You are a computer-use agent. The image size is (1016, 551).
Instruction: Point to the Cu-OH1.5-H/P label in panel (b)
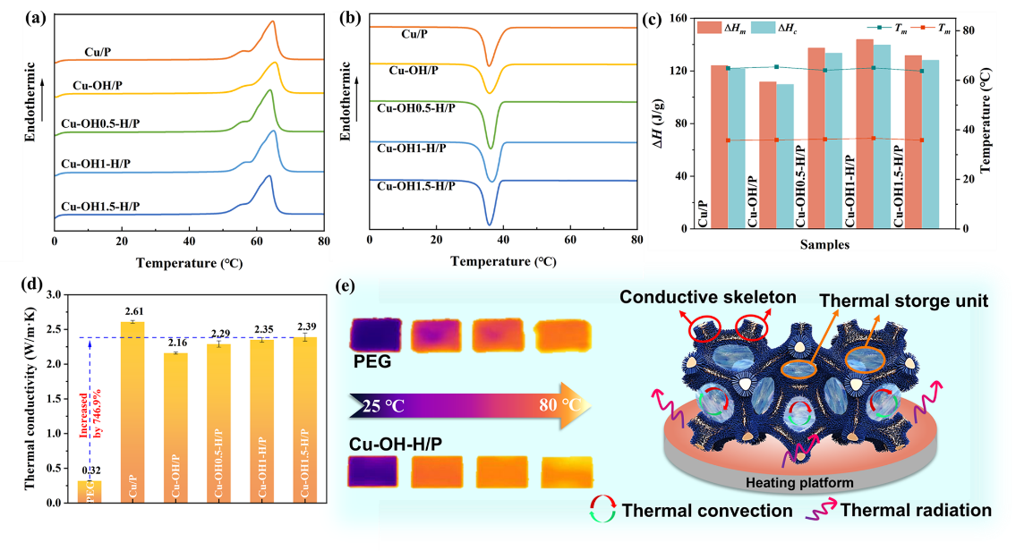coord(415,185)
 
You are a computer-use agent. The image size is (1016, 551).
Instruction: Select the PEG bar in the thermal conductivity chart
coord(89,491)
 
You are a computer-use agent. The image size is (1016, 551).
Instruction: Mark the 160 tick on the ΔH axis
coord(672,19)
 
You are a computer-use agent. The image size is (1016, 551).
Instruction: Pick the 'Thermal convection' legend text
coord(707,512)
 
